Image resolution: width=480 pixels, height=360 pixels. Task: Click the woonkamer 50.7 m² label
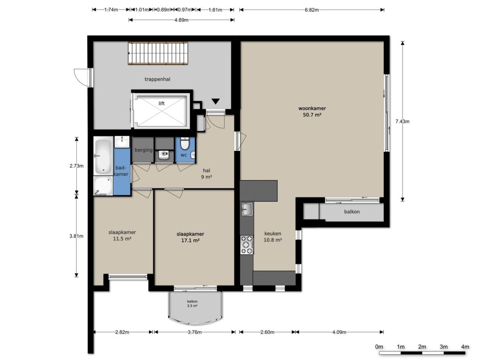[x=312, y=112]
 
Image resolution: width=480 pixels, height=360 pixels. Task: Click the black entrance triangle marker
[x=216, y=101]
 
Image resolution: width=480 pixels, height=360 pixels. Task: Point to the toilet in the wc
[x=185, y=143]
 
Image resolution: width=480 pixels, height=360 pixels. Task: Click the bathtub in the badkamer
[x=103, y=157]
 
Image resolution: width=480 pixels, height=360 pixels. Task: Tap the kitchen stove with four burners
[x=247, y=245]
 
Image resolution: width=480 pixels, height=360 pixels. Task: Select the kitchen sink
[x=247, y=209]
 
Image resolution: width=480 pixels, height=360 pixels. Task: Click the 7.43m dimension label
[x=402, y=121]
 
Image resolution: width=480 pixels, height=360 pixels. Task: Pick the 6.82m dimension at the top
[x=312, y=10]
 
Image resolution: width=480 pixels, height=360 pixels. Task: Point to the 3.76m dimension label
[x=195, y=332]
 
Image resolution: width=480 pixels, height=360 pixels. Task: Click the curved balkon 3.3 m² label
[x=192, y=304]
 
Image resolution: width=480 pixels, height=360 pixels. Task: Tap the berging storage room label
[x=143, y=150]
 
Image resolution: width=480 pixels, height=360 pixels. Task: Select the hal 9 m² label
[x=207, y=173]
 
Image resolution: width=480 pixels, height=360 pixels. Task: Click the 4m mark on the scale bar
[x=465, y=347]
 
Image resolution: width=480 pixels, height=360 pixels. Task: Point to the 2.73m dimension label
[x=76, y=166]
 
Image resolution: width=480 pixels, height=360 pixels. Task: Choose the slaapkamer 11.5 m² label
[x=122, y=235]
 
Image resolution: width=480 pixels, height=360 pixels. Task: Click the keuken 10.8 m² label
[x=273, y=237]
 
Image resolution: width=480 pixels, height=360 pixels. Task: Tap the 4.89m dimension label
[x=181, y=20]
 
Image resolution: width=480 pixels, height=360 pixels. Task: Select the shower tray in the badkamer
[x=103, y=186]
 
